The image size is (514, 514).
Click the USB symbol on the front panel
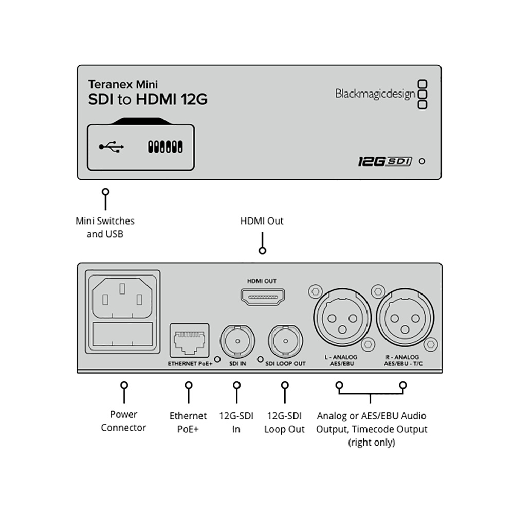(112, 147)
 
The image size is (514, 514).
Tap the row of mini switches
(165, 147)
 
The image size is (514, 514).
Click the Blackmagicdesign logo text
(375, 94)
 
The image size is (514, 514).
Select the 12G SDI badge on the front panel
(384, 161)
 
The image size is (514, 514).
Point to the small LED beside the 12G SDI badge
(422, 161)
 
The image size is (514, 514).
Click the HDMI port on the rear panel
(263, 297)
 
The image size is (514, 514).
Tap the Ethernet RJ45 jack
(190, 341)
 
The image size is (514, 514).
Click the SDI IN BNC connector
(237, 341)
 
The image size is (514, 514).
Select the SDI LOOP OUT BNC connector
(285, 341)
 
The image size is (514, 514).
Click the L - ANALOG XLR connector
(342, 317)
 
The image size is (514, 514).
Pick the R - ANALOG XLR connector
(405, 317)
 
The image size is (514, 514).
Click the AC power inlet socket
(122, 298)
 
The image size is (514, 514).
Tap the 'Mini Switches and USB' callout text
(105, 228)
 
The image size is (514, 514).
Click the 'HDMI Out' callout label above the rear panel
(262, 221)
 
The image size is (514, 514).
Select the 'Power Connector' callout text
(123, 421)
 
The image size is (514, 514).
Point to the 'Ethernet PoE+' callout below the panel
(188, 423)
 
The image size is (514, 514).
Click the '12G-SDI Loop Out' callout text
(285, 423)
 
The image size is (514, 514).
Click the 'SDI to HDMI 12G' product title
(148, 99)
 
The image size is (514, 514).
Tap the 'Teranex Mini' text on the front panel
(123, 84)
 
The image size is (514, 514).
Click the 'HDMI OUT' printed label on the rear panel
(262, 281)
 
